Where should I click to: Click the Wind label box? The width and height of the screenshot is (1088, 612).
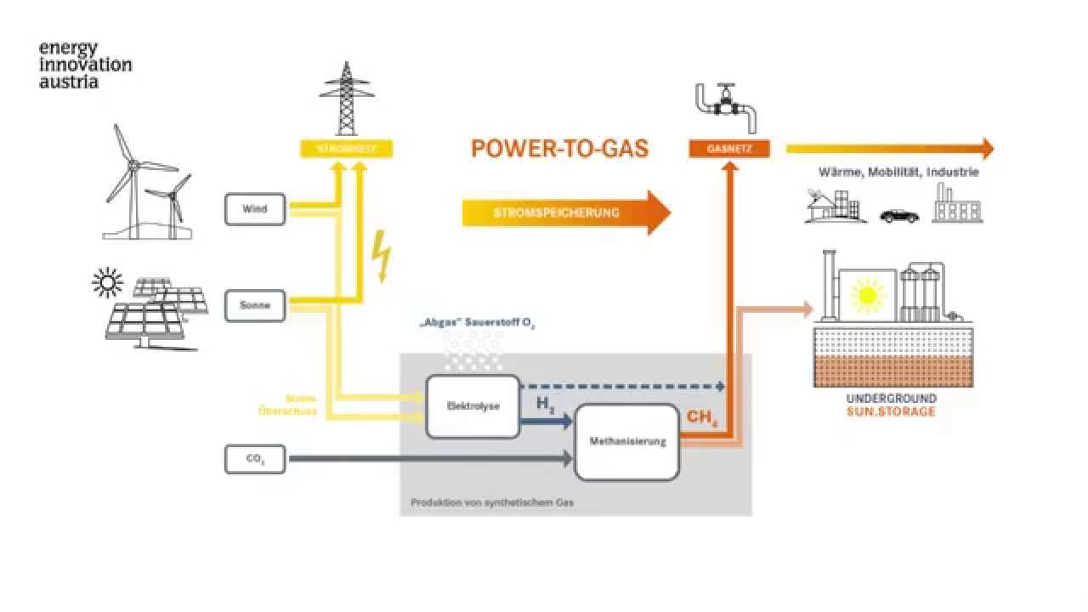pos(255,209)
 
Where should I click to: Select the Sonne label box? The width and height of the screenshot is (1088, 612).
pos(255,305)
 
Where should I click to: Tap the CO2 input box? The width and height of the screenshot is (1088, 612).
pos(255,459)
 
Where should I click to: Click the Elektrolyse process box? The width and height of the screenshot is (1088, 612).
pos(473,406)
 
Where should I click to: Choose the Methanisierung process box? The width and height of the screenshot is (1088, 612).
pos(627,442)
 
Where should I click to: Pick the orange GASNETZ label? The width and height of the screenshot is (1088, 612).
pos(729,149)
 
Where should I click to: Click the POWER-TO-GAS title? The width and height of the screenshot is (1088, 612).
pos(559,149)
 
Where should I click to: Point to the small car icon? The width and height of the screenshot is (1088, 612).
pos(899,216)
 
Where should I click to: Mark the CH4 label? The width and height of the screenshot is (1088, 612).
pos(700,418)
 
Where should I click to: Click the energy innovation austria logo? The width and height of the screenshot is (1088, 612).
pos(85,65)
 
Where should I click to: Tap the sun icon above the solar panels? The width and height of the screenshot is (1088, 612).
pos(108,283)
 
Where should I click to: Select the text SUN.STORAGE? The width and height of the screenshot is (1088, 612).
pos(892,412)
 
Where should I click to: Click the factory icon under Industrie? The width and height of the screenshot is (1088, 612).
pos(957,205)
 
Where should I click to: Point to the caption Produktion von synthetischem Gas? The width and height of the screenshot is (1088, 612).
pos(492,502)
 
